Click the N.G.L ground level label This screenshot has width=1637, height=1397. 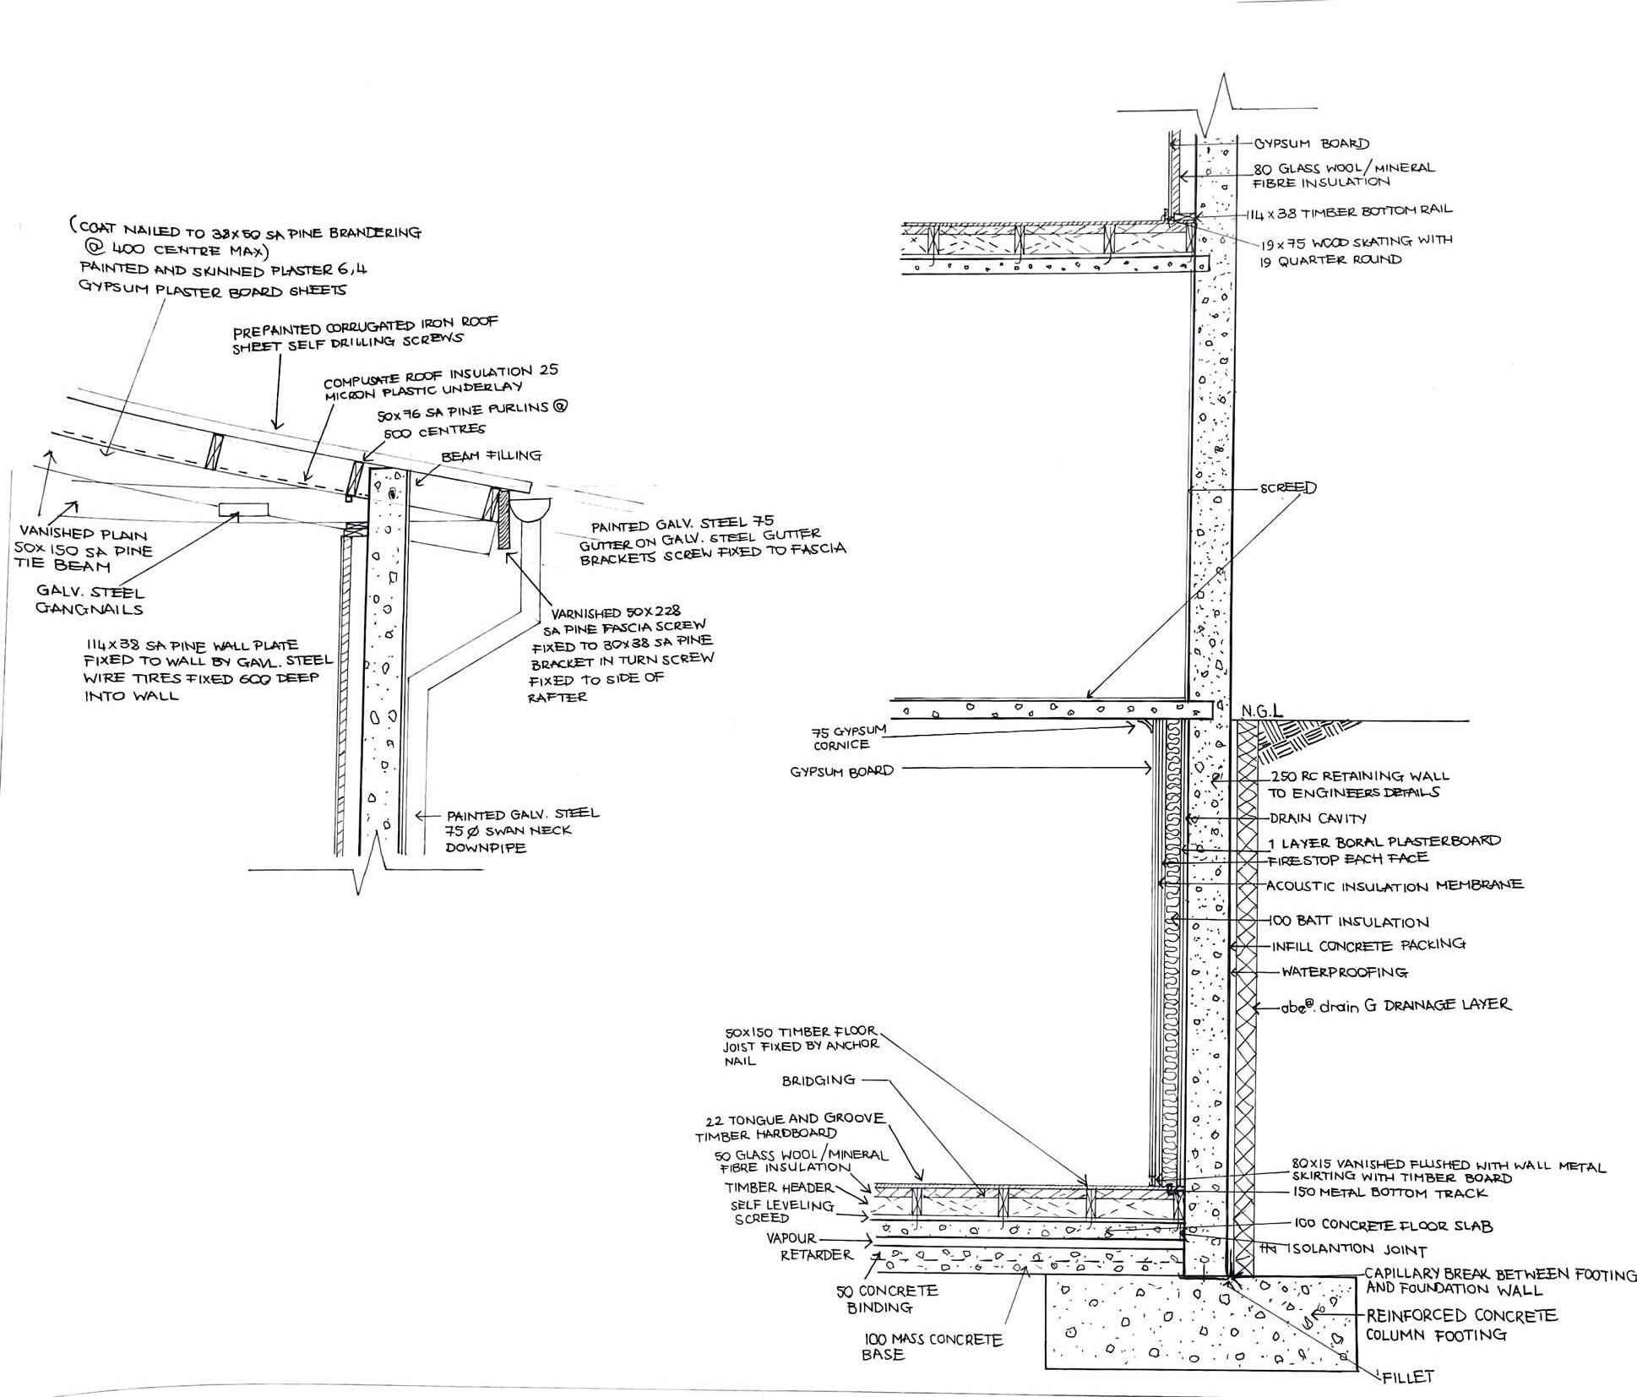pyautogui.click(x=1262, y=711)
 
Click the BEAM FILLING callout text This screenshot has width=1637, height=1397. pyautogui.click(x=491, y=456)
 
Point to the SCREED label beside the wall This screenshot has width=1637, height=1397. pyautogui.click(x=1287, y=488)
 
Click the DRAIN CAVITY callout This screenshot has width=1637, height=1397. pyautogui.click(x=1318, y=818)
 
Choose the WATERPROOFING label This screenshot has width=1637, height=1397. pyautogui.click(x=1344, y=972)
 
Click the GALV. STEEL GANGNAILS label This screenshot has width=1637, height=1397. pyautogui.click(x=90, y=601)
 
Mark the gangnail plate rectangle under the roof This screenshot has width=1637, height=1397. pyautogui.click(x=243, y=509)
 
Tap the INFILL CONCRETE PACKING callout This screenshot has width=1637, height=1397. pyautogui.click(x=1368, y=945)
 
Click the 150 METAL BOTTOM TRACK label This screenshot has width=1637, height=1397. pyautogui.click(x=1390, y=1193)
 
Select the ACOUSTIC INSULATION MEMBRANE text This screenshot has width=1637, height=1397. pyautogui.click(x=1394, y=885)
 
